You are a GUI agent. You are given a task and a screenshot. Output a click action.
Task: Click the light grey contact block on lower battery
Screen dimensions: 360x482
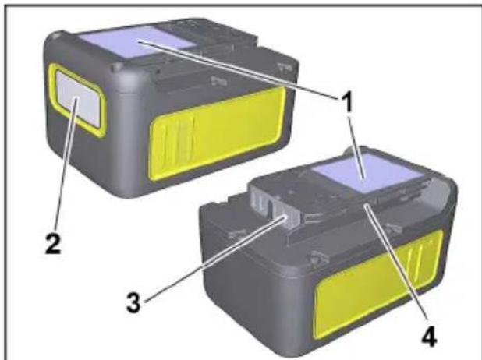[270, 207]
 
